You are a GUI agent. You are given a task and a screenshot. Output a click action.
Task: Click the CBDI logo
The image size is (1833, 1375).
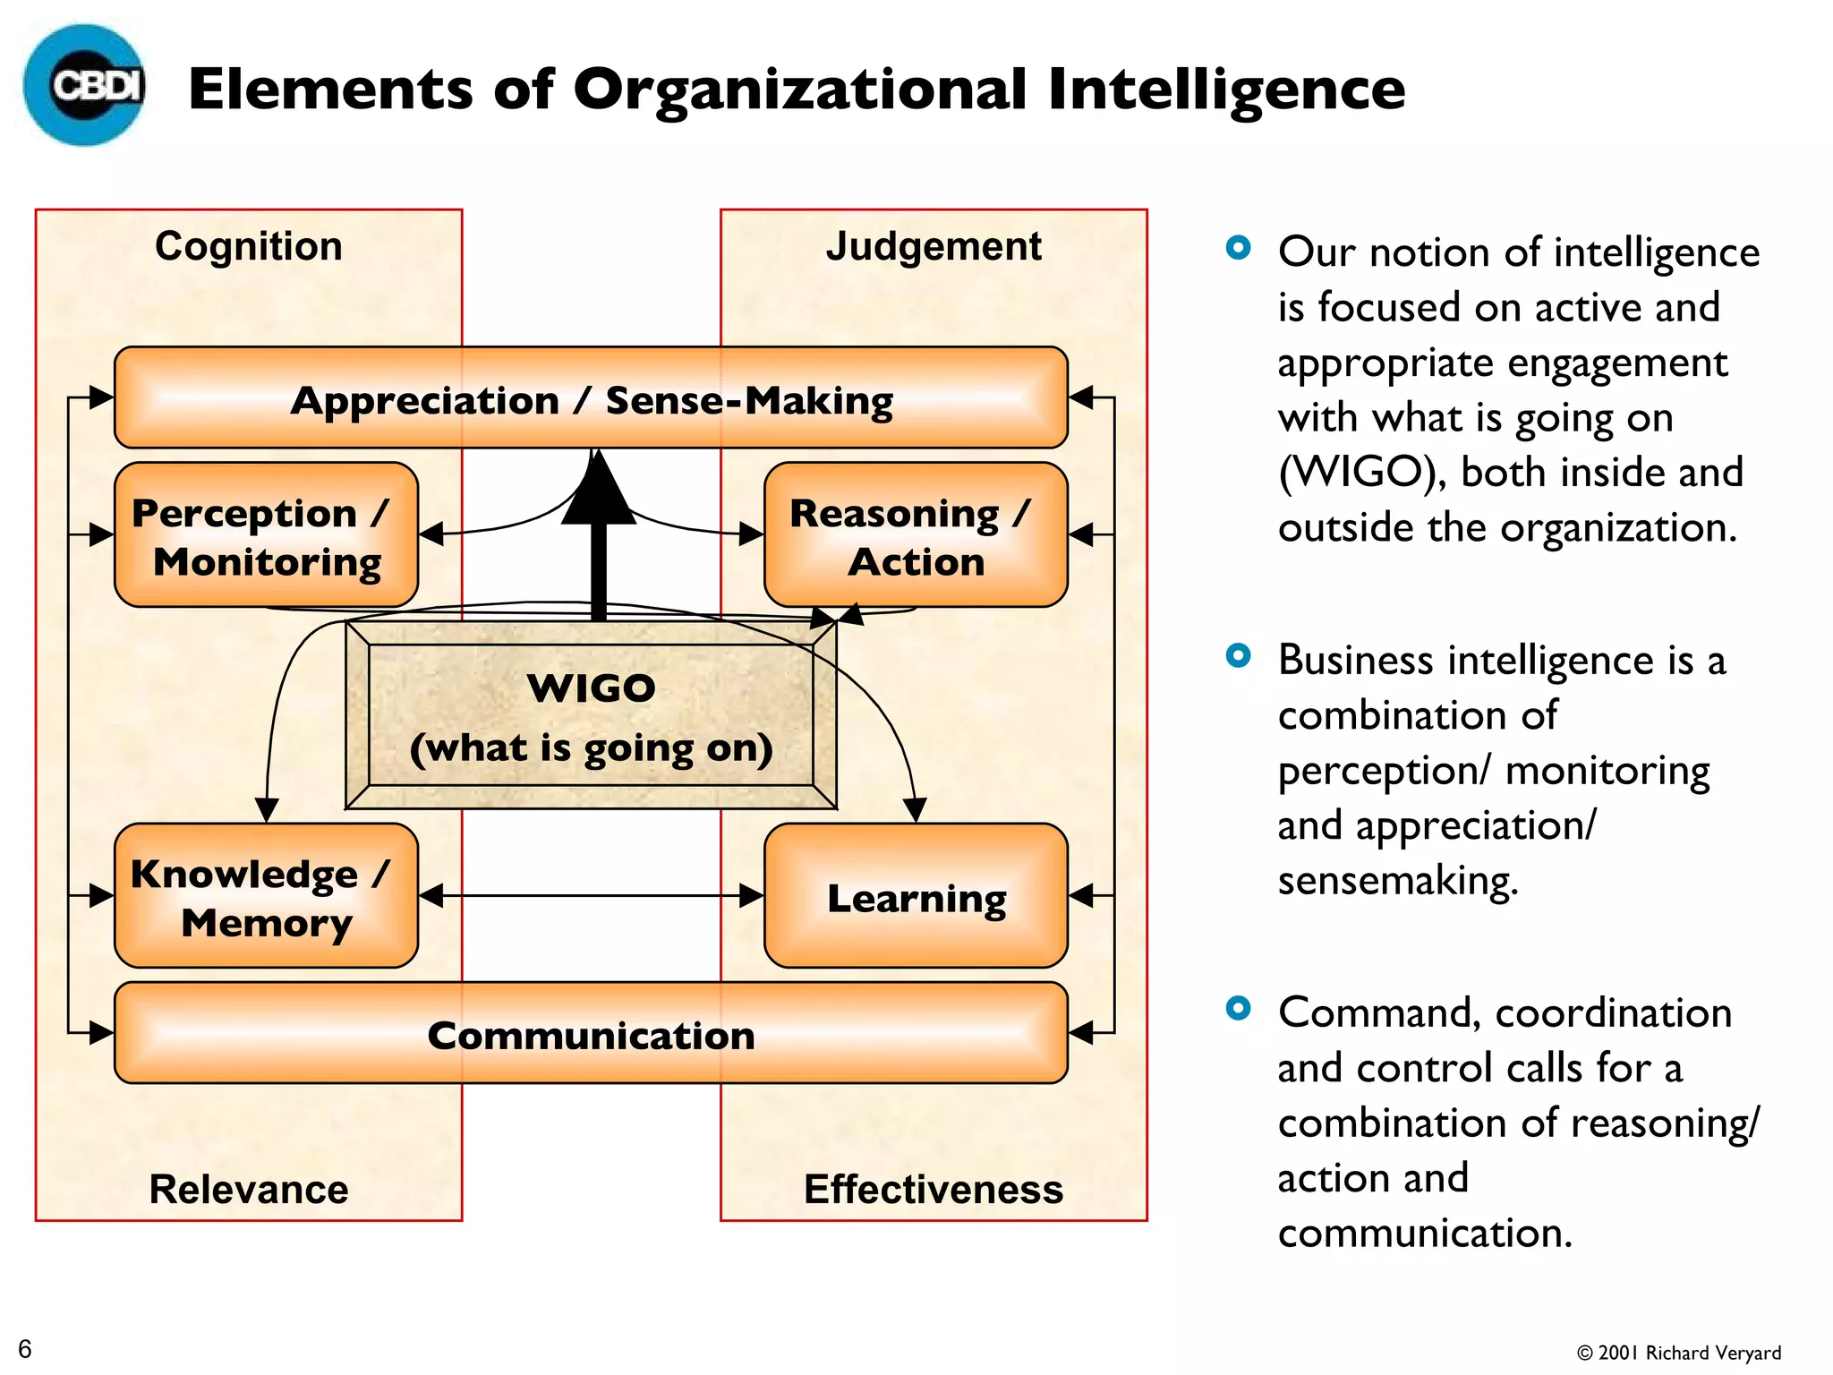tap(85, 86)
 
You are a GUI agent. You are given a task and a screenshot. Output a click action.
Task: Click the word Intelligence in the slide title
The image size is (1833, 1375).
tap(1226, 90)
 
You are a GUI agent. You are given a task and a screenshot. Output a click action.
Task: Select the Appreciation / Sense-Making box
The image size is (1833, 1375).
tap(591, 398)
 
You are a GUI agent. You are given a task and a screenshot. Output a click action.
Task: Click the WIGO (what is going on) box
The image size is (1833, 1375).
tap(591, 716)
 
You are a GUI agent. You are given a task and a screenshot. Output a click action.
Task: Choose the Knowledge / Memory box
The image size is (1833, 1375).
tap(266, 896)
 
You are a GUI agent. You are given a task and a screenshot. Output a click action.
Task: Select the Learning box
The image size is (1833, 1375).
tap(915, 896)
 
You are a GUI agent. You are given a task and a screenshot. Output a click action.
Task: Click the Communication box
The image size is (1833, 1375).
tap(591, 1034)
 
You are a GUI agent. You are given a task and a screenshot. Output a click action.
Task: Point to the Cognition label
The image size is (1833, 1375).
tap(249, 246)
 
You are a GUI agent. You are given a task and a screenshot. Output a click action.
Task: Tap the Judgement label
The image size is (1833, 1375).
tap(934, 246)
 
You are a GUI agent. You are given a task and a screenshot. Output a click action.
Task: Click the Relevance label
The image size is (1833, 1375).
tap(249, 1189)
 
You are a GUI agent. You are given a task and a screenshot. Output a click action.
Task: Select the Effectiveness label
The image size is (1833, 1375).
tap(934, 1189)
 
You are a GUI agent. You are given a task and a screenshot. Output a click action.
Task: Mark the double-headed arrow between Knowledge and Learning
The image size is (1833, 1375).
tap(591, 895)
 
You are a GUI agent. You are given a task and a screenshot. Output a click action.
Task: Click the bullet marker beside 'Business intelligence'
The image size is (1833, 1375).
tap(1238, 656)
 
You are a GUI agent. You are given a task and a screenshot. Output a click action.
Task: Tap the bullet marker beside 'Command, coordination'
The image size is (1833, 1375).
tap(1238, 1009)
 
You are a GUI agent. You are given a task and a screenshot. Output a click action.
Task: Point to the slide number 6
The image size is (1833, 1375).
tap(25, 1348)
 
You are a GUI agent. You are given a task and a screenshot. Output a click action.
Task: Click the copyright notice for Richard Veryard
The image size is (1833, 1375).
tap(1679, 1353)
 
